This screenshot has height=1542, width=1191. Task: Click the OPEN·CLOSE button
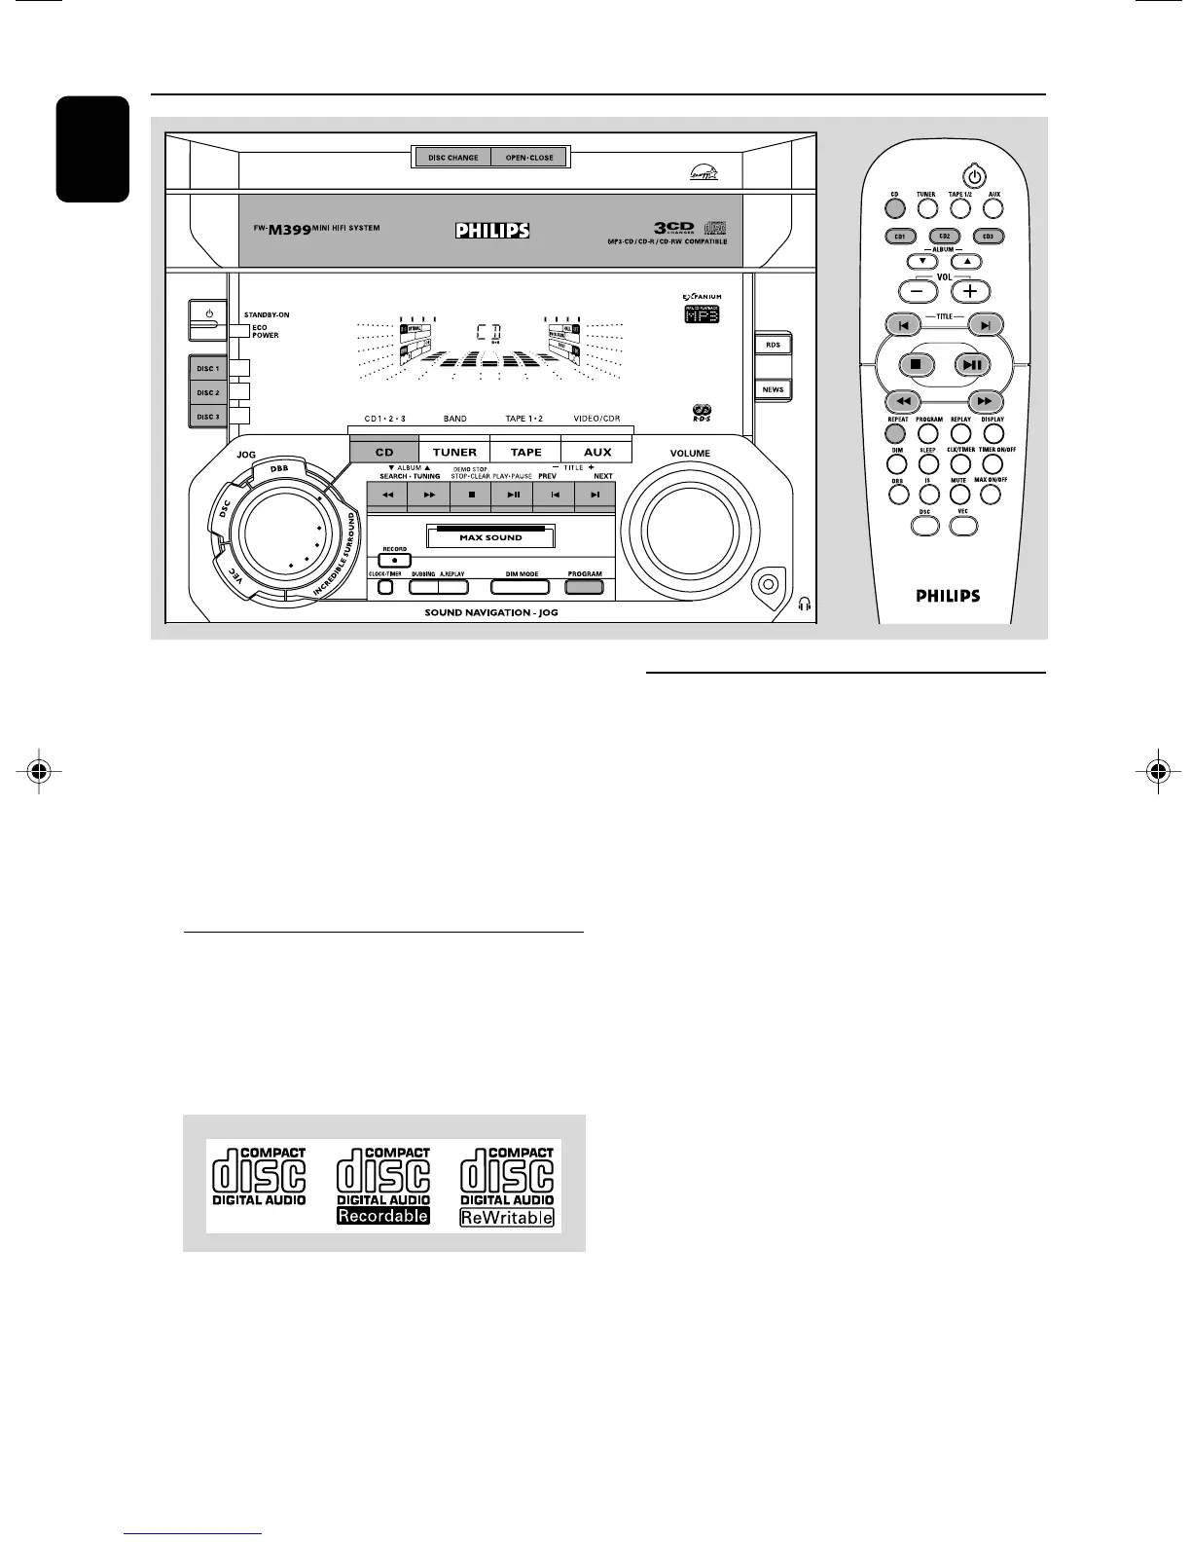(x=529, y=158)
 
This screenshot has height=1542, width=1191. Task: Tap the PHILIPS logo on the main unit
(x=492, y=231)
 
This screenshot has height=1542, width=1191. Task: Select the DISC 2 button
(x=207, y=392)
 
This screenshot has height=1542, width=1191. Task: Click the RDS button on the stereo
(x=773, y=345)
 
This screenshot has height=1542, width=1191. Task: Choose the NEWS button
(x=773, y=389)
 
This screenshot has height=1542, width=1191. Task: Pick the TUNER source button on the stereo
(x=454, y=452)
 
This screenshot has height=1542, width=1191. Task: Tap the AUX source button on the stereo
(x=596, y=452)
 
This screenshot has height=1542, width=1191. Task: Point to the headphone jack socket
(x=768, y=584)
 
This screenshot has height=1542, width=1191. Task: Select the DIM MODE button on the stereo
(x=522, y=586)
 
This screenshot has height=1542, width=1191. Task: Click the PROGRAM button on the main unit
(x=584, y=586)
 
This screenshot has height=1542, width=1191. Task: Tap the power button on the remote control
(x=973, y=177)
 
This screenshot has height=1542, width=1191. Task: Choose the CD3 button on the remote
(x=988, y=237)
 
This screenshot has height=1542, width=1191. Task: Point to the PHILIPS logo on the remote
(x=948, y=596)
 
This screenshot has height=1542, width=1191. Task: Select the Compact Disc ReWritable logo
(x=507, y=1186)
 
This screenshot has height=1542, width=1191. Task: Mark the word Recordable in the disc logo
(x=383, y=1216)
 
